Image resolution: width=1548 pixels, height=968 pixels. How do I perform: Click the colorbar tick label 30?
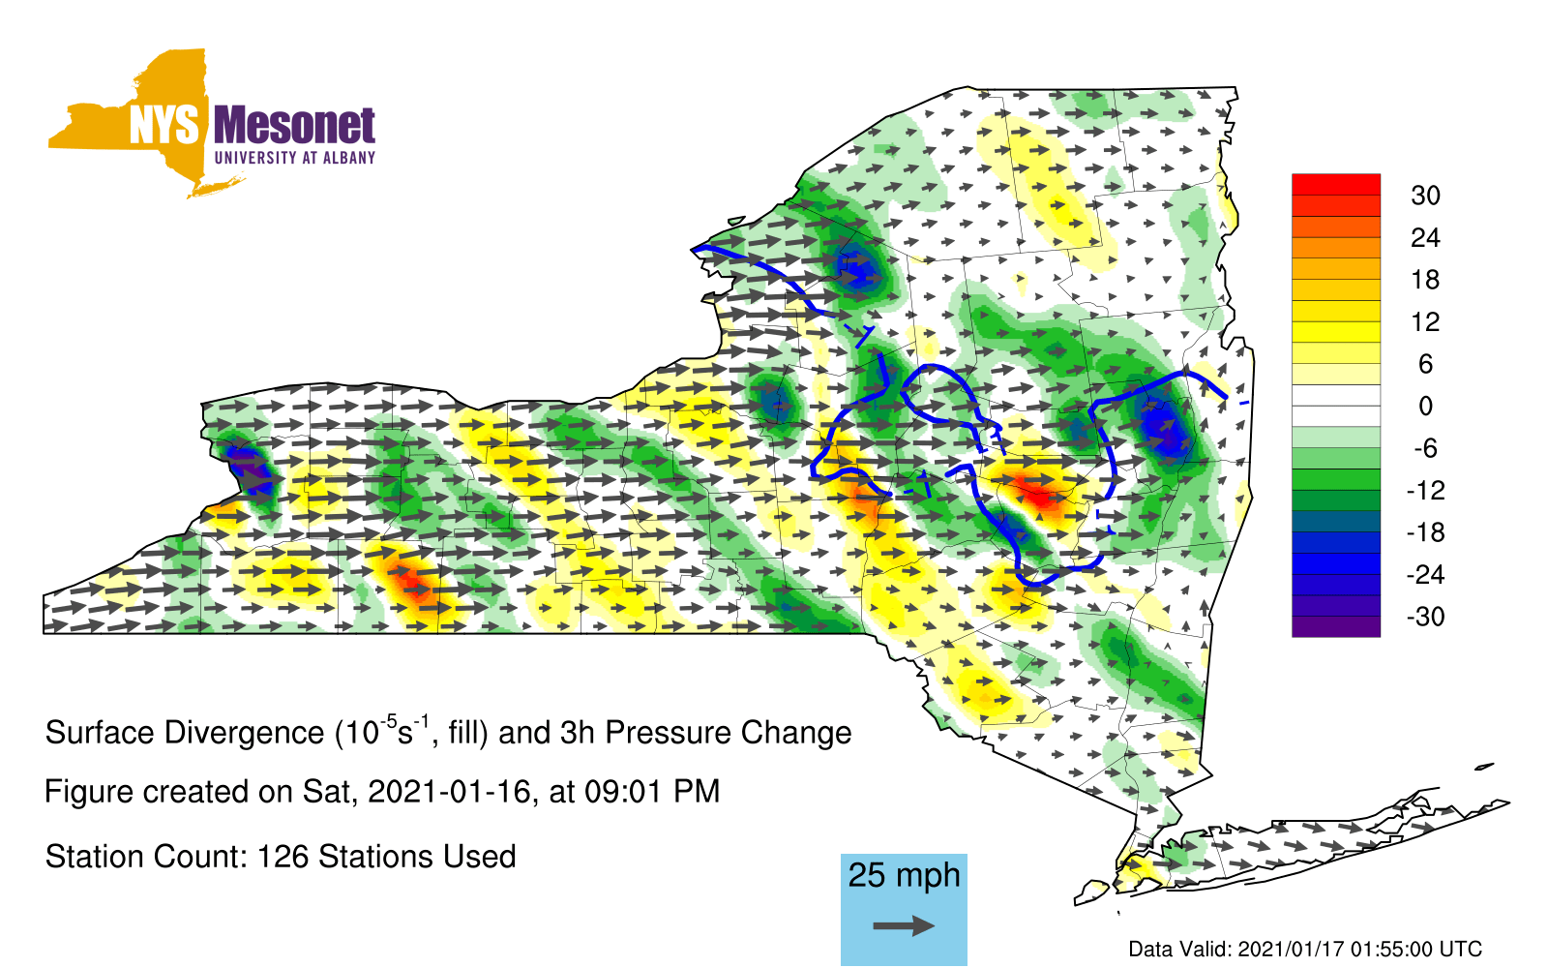(x=1425, y=196)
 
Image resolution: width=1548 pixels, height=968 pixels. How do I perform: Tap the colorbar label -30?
(x=1425, y=616)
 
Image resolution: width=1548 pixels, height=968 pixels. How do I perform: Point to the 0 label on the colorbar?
(x=1425, y=406)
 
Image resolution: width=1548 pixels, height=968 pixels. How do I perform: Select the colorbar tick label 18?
(x=1425, y=280)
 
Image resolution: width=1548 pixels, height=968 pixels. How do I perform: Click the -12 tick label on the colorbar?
(x=1425, y=490)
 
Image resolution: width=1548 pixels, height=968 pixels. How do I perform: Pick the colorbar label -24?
(x=1425, y=575)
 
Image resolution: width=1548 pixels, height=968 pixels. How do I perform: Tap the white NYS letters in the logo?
(x=164, y=125)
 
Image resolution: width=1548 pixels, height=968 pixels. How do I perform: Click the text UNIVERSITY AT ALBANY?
(x=295, y=158)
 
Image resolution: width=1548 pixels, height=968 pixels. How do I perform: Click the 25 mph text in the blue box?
(x=904, y=875)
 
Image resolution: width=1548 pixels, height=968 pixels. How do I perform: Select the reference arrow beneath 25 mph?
(x=904, y=925)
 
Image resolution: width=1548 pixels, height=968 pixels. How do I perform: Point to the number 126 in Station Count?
(x=283, y=857)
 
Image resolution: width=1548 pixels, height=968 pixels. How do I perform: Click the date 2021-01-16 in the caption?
(x=448, y=792)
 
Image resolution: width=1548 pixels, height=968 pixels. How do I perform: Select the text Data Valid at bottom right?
(x=1179, y=950)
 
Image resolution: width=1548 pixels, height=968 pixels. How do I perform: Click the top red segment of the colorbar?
(x=1336, y=185)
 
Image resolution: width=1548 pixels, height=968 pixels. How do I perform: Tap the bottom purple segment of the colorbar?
(x=1336, y=626)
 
